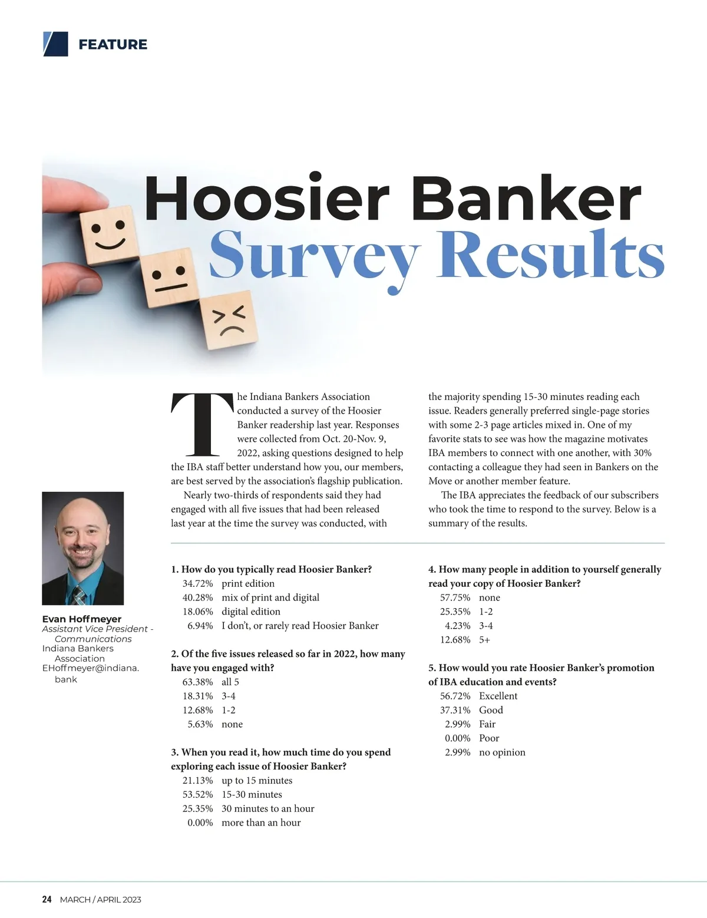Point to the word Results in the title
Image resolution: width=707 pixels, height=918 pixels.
pos(550,257)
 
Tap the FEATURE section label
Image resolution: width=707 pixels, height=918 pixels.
pos(113,44)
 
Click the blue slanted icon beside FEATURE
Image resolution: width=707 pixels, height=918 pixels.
pos(55,44)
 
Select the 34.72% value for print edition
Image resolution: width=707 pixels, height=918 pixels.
pos(197,583)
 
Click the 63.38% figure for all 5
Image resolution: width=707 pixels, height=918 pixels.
pos(197,682)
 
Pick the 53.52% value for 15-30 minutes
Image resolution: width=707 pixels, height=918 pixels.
pos(197,794)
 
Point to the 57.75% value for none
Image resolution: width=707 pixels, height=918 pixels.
pos(455,597)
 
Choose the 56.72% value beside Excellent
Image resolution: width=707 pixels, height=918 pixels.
pos(455,696)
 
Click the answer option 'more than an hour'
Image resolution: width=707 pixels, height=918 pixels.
pos(261,823)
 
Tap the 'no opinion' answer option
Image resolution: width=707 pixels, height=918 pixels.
pos(502,752)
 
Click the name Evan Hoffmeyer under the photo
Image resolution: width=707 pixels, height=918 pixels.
pos(82,619)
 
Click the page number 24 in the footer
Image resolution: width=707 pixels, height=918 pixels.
pos(47,899)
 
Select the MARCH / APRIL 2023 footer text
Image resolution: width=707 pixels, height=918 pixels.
pos(101,899)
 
